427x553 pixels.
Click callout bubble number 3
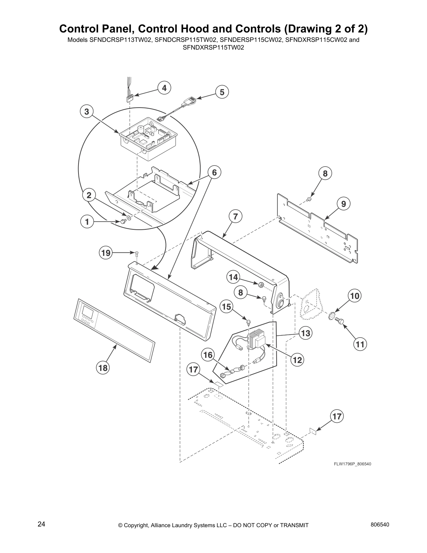[x=87, y=111]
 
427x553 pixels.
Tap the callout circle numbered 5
[x=222, y=92]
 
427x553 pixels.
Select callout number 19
[x=105, y=252]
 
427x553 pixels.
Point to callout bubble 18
[x=103, y=367]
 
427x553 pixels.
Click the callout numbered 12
[x=297, y=360]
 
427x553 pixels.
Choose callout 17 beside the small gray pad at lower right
[x=337, y=416]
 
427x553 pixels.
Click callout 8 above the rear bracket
[x=325, y=173]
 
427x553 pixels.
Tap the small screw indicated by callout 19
[x=137, y=253]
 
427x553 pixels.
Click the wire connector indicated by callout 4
[x=130, y=98]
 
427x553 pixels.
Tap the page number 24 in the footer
[x=41, y=524]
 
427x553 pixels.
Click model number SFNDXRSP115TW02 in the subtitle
[x=213, y=46]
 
